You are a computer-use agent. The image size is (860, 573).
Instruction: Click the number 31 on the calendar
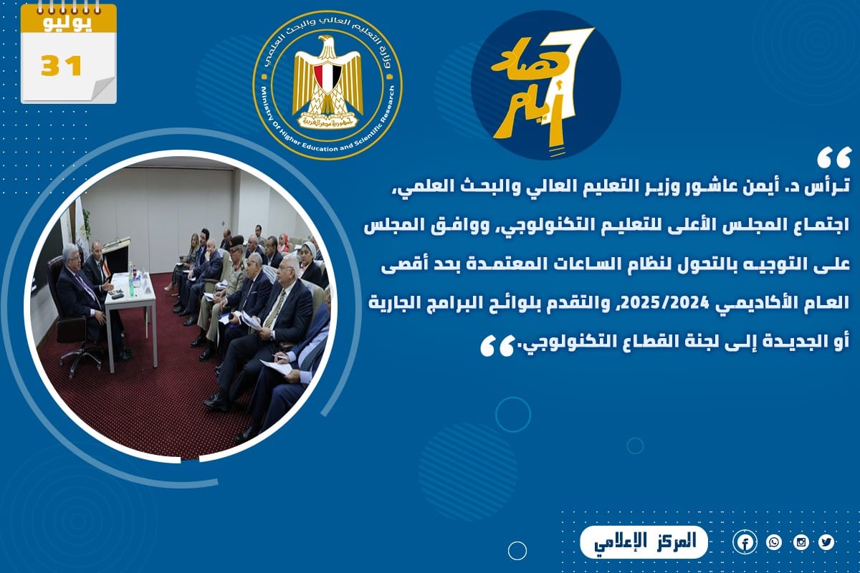tap(62, 66)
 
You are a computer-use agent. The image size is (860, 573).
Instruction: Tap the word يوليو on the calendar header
tap(68, 23)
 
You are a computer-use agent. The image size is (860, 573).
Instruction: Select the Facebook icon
tap(745, 543)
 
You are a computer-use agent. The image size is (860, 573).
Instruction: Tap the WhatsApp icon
tap(773, 543)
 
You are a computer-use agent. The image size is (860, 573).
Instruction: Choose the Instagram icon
tap(801, 543)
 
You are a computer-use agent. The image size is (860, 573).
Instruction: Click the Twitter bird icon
tap(826, 542)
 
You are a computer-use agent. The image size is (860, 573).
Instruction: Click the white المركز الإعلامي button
tap(644, 542)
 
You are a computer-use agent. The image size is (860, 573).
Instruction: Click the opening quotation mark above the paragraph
tap(834, 159)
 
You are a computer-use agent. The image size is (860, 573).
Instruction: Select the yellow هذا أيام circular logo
tap(545, 85)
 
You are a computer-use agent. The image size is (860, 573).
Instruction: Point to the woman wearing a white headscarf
tap(309, 261)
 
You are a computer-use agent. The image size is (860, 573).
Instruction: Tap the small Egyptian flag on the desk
tap(105, 267)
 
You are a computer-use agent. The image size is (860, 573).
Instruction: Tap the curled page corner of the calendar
tap(104, 90)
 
